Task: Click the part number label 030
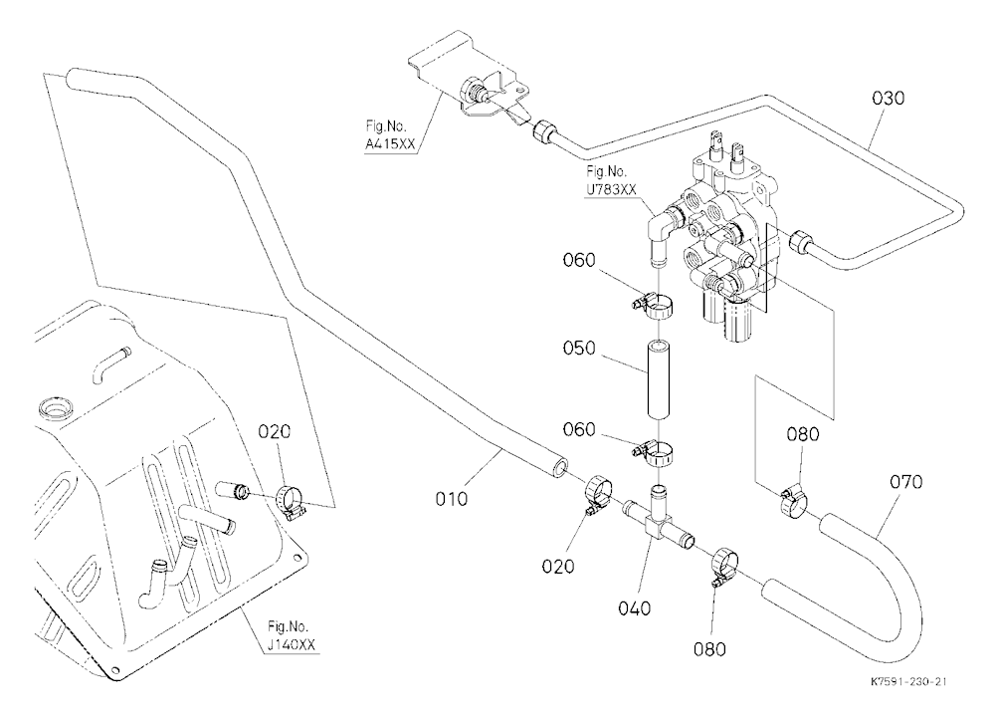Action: pyautogui.click(x=888, y=99)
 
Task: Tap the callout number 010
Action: pyautogui.click(x=451, y=499)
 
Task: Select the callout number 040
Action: pyautogui.click(x=635, y=608)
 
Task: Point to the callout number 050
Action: pyautogui.click(x=579, y=349)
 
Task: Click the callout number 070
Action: pyautogui.click(x=905, y=483)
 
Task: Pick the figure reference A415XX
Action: pyautogui.click(x=390, y=144)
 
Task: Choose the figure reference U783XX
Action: pyautogui.click(x=611, y=188)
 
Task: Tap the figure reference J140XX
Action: pyautogui.click(x=291, y=645)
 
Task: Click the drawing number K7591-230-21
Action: pyautogui.click(x=908, y=682)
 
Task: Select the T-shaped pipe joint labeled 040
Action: pyautogui.click(x=657, y=522)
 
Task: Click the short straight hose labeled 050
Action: pyautogui.click(x=659, y=380)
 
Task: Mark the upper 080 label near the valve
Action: pyautogui.click(x=803, y=434)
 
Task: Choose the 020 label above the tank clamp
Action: pyautogui.click(x=275, y=432)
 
